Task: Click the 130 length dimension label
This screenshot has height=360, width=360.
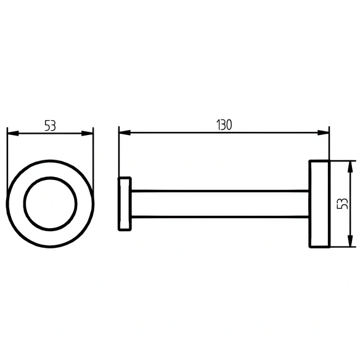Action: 224,125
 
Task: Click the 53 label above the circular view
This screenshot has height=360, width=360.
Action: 50,126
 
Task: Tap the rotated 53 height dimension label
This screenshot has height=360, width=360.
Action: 342,203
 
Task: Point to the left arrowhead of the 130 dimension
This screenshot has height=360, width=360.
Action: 125,133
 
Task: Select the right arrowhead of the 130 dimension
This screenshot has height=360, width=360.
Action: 323,133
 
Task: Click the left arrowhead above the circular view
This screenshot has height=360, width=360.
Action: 13,133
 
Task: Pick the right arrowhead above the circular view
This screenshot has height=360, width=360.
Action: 88,133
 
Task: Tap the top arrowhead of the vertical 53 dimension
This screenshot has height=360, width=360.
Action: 350,167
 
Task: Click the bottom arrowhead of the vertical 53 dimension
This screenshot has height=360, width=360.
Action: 350,241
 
